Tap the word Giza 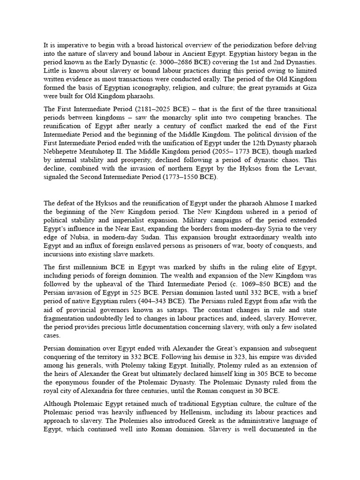pos(309,87)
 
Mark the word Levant pos(306,168)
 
